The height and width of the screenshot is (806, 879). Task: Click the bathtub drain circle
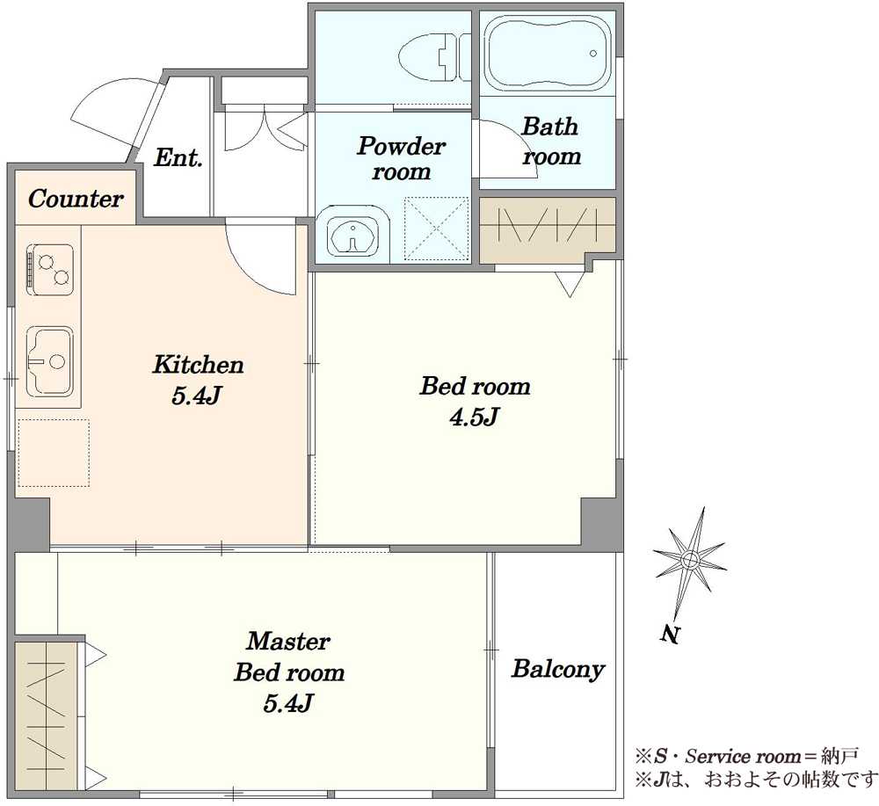pos(593,54)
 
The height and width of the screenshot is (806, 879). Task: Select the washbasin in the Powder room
pos(352,235)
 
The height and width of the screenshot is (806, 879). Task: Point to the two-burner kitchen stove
pos(50,270)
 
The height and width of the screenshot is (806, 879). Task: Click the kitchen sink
pos(50,360)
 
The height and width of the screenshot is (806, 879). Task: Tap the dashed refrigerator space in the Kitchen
pos(54,453)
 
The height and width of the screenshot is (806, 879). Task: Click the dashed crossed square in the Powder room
pos(436,229)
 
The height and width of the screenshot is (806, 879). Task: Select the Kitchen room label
pos(198,364)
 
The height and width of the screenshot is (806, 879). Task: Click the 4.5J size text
pos(475,417)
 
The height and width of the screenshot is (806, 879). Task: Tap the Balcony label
pos(558,669)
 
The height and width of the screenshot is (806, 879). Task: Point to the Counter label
pos(75,199)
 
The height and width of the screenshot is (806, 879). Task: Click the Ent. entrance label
pos(178,157)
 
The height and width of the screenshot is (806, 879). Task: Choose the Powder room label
pos(402,158)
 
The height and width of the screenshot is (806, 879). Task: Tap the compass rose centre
pos(690,559)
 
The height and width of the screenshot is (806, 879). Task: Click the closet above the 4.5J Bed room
pos(548,229)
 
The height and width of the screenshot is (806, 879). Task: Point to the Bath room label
pos(550,142)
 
